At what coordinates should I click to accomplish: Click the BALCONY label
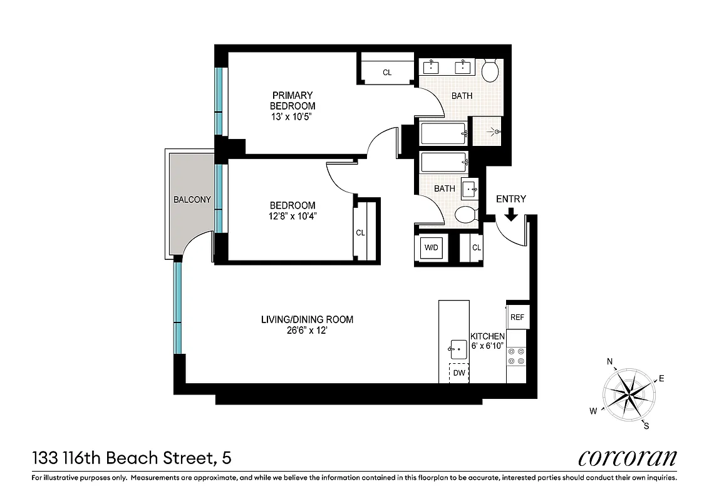tap(192, 200)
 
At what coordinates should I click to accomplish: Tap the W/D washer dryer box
tap(432, 247)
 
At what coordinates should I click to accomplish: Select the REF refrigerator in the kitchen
tap(517, 317)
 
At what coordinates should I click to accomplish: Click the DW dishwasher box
tap(459, 373)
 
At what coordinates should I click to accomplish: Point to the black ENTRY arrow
tap(510, 214)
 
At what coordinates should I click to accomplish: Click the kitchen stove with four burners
tap(517, 356)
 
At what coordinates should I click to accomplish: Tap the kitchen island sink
tap(458, 346)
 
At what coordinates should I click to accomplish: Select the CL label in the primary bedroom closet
tap(387, 73)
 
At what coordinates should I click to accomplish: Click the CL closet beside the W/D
tap(476, 247)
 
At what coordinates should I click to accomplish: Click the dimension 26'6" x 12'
tap(306, 330)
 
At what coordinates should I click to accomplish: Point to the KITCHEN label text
tap(487, 336)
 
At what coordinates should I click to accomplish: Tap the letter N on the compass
tap(609, 362)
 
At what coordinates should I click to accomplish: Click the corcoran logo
tap(627, 458)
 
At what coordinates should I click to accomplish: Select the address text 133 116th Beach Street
tap(125, 458)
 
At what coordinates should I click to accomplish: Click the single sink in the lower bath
tap(470, 187)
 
